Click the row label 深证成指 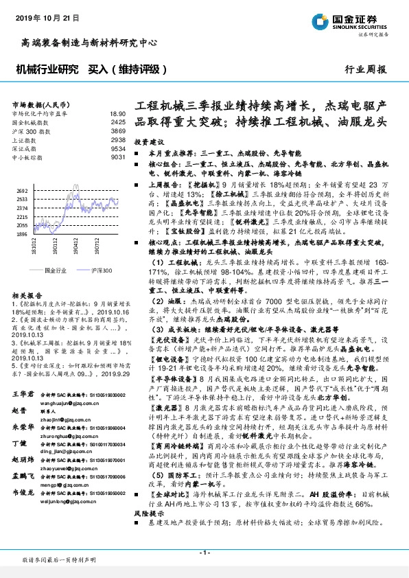click(x=25, y=148)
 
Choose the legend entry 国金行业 click(x=55, y=271)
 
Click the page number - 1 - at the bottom click(x=204, y=552)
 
